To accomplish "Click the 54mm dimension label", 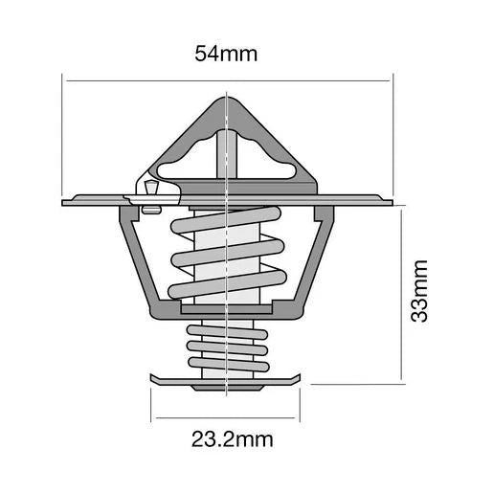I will coord(226,54).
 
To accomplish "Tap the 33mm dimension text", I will coord(418,296).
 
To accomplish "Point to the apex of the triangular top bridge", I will coord(226,100).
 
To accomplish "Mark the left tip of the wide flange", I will coord(65,202).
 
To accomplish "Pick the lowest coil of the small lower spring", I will coord(226,367).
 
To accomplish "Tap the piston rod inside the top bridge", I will coord(226,153).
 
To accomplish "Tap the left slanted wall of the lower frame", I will coord(137,263).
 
